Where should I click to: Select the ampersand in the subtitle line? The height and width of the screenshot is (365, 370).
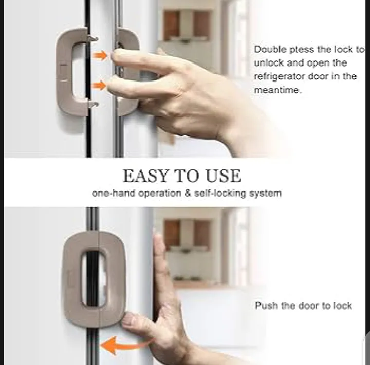point(188,193)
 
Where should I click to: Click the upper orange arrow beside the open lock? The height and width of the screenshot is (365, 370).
point(100,55)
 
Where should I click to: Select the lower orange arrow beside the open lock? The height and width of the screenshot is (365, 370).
point(99,85)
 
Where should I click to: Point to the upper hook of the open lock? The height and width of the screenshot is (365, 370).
point(92,39)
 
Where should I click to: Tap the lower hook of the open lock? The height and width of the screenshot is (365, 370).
point(93,104)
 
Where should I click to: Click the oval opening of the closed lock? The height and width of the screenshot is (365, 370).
point(94,278)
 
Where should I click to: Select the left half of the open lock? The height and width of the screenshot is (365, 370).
point(71,71)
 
